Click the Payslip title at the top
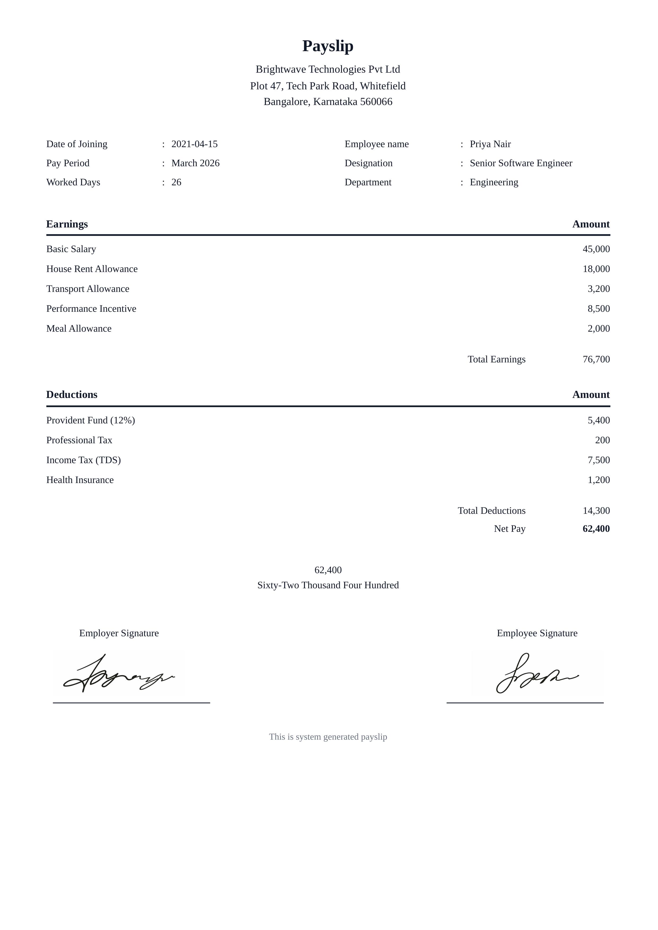(328, 46)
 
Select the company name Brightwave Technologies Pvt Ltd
(328, 69)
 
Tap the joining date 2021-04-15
(195, 144)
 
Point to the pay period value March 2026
(195, 163)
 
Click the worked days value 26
(176, 182)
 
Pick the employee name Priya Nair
(490, 144)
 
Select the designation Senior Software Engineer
(521, 163)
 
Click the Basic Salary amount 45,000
(596, 249)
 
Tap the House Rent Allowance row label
(92, 269)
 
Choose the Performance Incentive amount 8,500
(598, 309)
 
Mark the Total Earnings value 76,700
(596, 359)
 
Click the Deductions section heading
(72, 395)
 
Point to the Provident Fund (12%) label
(91, 421)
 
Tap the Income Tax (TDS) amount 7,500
(598, 460)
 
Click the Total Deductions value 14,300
(596, 511)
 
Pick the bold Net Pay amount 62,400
(596, 529)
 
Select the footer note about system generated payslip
(328, 737)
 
